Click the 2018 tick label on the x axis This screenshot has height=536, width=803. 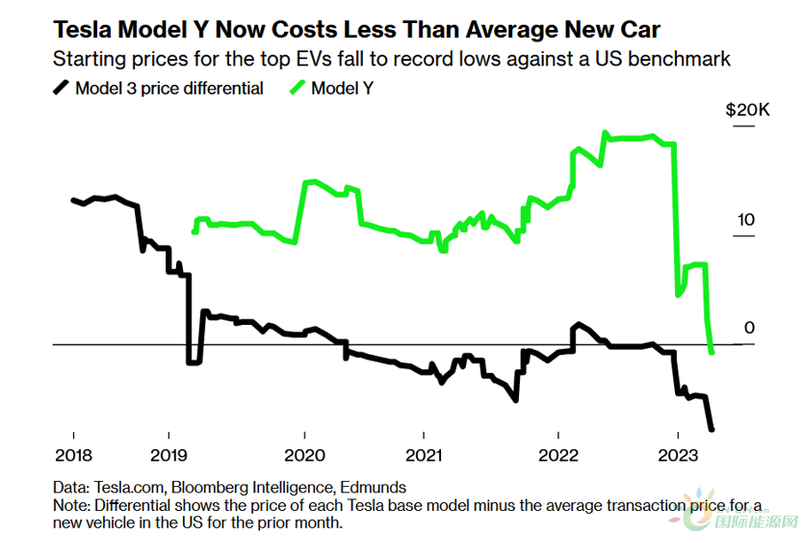(x=73, y=454)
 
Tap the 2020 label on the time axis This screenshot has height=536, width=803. (x=305, y=454)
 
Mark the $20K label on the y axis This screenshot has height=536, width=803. (x=747, y=111)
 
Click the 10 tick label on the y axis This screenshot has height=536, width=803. (x=746, y=220)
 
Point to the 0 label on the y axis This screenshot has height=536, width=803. (x=749, y=329)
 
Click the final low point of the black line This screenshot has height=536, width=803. (x=712, y=430)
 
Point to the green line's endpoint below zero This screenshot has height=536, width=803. (x=712, y=353)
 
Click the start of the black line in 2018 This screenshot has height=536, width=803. (x=73, y=200)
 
